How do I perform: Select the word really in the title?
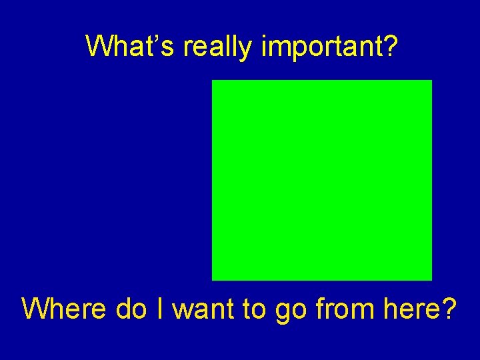(217, 47)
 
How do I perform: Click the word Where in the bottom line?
(64, 309)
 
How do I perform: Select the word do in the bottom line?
(131, 309)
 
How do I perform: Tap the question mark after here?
(449, 309)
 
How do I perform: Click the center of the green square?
(322, 180)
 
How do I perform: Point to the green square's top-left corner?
(213, 81)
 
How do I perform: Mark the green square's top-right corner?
(431, 81)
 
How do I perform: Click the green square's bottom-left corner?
(213, 279)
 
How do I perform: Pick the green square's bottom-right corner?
(431, 279)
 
